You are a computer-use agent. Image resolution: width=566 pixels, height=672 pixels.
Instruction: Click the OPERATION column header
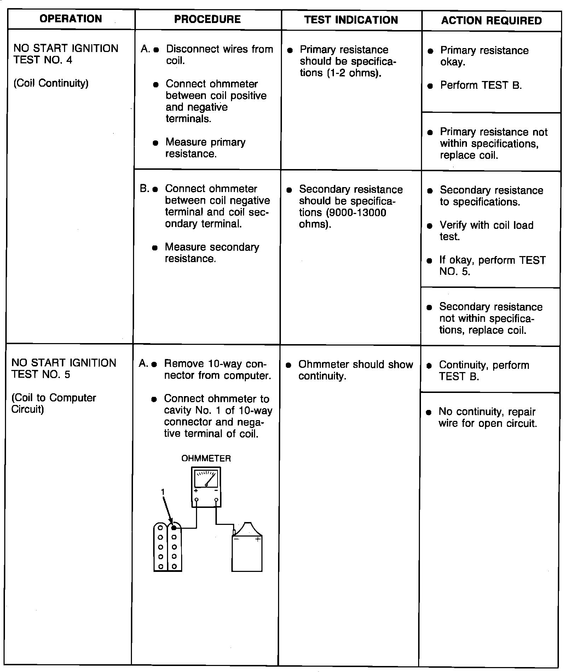click(71, 19)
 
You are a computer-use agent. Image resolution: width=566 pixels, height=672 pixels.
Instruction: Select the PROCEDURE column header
click(207, 19)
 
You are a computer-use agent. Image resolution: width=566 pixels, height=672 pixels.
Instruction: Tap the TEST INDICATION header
click(351, 20)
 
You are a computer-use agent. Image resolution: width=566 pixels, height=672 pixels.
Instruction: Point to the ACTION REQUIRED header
click(491, 21)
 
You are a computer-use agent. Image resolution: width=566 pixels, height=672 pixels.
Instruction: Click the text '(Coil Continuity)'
click(51, 83)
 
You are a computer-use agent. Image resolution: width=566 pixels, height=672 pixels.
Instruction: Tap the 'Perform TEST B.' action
click(481, 85)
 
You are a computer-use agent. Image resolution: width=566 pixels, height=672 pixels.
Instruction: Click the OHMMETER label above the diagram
click(206, 458)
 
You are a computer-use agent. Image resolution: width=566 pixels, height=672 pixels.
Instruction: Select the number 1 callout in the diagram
click(163, 492)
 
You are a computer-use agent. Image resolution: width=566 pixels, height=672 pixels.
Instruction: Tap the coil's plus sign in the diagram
click(258, 539)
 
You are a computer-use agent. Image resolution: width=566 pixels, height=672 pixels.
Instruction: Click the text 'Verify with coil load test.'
click(486, 231)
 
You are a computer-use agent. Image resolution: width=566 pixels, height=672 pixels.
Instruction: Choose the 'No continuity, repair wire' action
click(487, 417)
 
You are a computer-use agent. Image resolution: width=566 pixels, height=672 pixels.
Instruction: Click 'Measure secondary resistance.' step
click(212, 253)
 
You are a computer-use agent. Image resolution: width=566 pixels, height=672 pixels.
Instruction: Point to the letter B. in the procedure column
click(144, 189)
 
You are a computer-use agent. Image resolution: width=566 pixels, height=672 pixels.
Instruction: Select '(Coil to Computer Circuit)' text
click(53, 403)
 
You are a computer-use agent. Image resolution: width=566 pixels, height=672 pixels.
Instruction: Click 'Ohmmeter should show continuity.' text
click(355, 370)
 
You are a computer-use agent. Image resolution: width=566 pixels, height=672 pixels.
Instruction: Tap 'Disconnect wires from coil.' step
click(219, 54)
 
